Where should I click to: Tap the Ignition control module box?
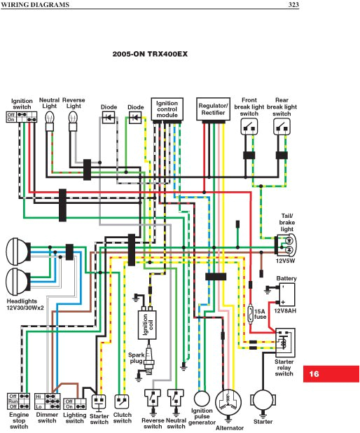pyautogui.click(x=167, y=109)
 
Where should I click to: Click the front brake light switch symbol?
pyautogui.click(x=249, y=127)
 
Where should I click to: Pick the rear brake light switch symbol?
pyautogui.click(x=281, y=127)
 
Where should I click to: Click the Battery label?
pyautogui.click(x=286, y=278)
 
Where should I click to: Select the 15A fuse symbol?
pyautogui.click(x=251, y=312)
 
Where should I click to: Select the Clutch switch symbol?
pyautogui.click(x=123, y=401)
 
